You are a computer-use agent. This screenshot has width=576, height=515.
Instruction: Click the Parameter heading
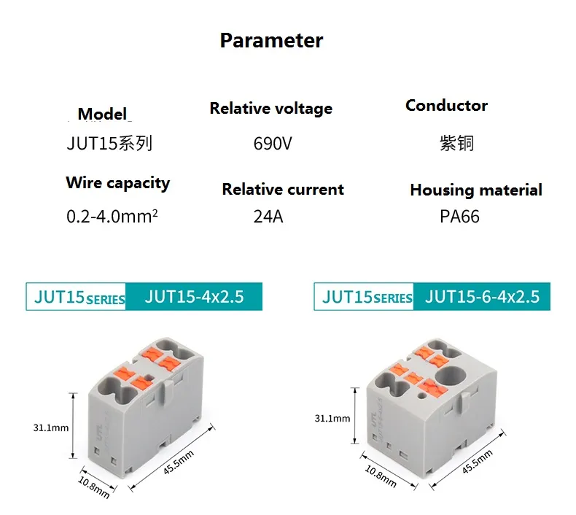[271, 40]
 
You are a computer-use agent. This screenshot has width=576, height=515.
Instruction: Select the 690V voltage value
[273, 144]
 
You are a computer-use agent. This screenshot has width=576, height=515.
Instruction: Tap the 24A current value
[268, 217]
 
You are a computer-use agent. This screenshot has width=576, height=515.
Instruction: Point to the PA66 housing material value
[459, 217]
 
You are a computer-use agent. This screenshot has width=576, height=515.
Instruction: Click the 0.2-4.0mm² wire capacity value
[112, 217]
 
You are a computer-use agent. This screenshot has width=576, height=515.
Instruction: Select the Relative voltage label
[271, 109]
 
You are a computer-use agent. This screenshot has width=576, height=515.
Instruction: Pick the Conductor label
[447, 106]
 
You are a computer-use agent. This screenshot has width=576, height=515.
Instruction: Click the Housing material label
[476, 190]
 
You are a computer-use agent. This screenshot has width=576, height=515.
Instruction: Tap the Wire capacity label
[118, 183]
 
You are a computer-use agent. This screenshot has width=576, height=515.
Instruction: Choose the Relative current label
[283, 190]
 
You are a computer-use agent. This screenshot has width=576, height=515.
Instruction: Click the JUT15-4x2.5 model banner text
[195, 297]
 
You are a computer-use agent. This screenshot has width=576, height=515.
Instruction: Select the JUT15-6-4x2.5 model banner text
[483, 297]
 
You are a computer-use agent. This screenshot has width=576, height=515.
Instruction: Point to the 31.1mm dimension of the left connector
[51, 427]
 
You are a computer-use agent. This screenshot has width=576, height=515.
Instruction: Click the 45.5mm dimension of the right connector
[477, 462]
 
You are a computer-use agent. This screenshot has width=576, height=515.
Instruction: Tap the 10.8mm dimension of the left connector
[94, 487]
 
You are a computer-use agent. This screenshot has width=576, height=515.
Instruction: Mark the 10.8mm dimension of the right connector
[381, 476]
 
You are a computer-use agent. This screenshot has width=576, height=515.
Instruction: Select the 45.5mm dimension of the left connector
[179, 462]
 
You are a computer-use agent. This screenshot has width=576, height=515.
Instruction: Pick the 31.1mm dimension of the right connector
[332, 418]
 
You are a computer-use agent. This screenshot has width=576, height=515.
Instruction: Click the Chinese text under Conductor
[456, 144]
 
